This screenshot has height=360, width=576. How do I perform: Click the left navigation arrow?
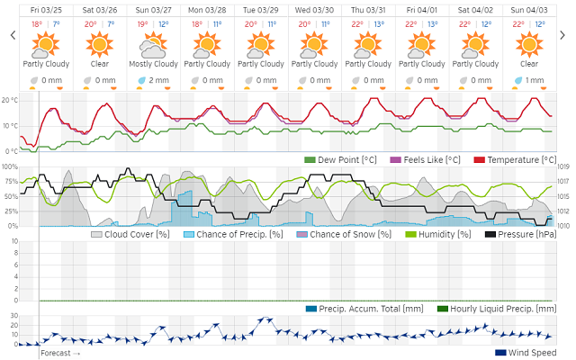coord(13,35)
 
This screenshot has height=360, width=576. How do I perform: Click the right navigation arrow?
coord(565,35)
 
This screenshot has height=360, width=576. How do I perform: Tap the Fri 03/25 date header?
coord(46,10)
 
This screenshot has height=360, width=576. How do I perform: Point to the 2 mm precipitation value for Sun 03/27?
coord(157,80)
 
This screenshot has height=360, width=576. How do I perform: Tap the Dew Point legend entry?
coord(342,159)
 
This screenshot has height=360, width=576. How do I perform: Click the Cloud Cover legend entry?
coord(130,234)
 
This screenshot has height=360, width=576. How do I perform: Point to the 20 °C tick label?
coord(9,100)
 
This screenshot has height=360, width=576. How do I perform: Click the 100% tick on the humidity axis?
coord(9,166)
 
